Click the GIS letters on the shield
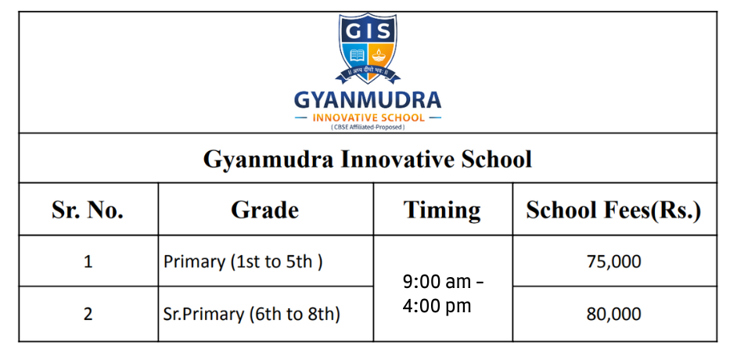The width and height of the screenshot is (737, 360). pyautogui.click(x=368, y=31)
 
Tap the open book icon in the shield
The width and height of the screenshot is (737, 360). pyautogui.click(x=358, y=56)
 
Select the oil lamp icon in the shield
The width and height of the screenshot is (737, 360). pyautogui.click(x=379, y=56)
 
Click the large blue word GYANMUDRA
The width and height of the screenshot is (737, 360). pyautogui.click(x=368, y=100)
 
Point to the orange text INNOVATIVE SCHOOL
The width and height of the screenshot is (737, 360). pyautogui.click(x=368, y=117)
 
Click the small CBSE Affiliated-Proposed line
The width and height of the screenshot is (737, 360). pyautogui.click(x=368, y=127)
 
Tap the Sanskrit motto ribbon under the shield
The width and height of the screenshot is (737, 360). pyautogui.click(x=368, y=74)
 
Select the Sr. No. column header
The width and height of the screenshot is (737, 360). pyautogui.click(x=88, y=210)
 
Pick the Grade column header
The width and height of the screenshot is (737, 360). pyautogui.click(x=265, y=210)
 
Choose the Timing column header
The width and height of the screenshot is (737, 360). pyautogui.click(x=442, y=211)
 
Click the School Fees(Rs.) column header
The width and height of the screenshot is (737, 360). pyautogui.click(x=614, y=210)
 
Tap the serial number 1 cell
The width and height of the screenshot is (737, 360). pyautogui.click(x=88, y=261)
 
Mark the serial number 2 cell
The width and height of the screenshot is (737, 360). pyautogui.click(x=88, y=314)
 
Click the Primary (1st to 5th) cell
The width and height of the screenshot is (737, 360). pyautogui.click(x=243, y=262)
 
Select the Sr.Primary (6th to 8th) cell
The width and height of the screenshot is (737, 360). pyautogui.click(x=251, y=315)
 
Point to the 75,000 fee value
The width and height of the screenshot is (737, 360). pyautogui.click(x=614, y=262)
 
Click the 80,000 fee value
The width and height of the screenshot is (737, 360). pyautogui.click(x=614, y=315)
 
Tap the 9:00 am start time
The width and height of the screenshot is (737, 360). pyautogui.click(x=437, y=282)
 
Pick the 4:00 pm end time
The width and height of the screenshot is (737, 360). pyautogui.click(x=437, y=306)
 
